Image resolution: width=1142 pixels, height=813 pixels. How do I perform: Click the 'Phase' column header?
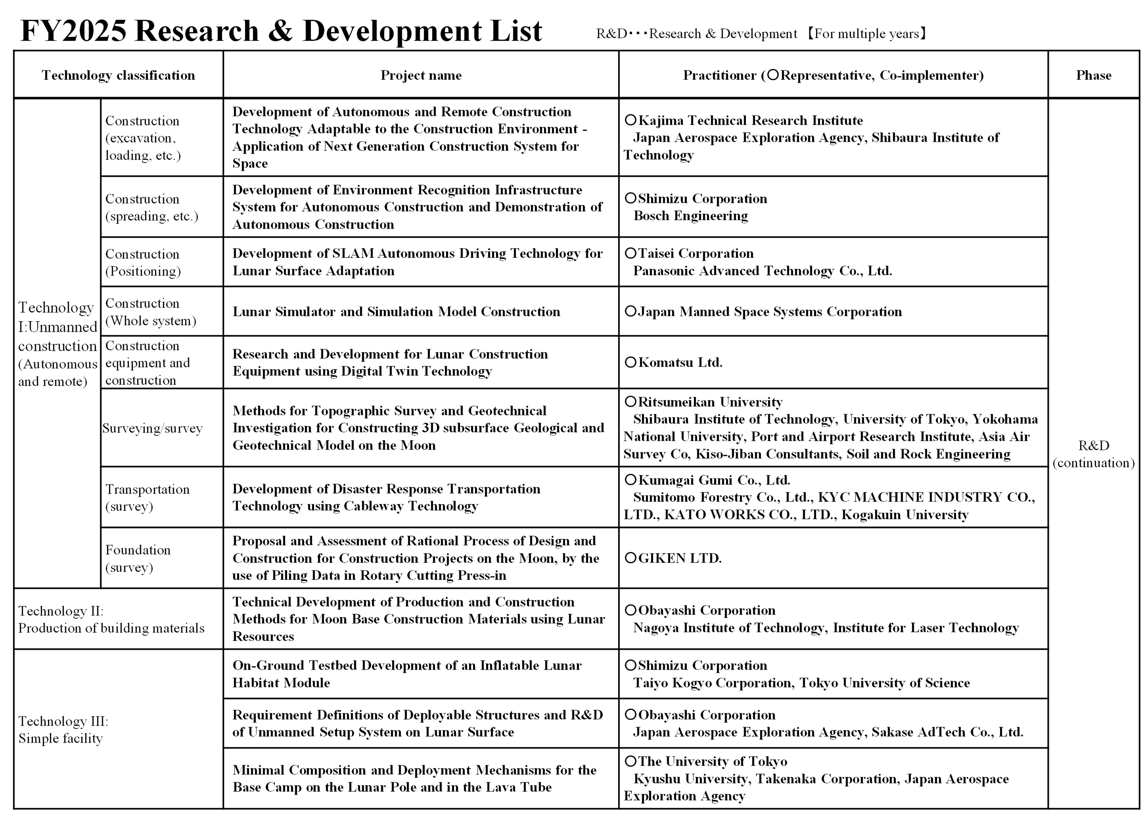pos(1093,75)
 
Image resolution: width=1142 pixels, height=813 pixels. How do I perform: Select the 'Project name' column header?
pos(421,75)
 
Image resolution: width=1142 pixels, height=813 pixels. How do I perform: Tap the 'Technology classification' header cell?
pos(118,75)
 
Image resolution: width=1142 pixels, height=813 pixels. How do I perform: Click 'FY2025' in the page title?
pos(73,31)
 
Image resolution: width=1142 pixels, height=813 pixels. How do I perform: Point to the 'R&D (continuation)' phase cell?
pos(1093,453)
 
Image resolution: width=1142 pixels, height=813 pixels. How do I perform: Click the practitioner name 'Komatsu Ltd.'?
pos(680,362)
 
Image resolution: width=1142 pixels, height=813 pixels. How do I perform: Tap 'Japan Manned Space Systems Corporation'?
pos(770,311)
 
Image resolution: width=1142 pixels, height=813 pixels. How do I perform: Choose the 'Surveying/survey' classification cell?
pos(153,428)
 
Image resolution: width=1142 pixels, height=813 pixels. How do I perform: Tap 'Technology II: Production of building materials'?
pos(111,619)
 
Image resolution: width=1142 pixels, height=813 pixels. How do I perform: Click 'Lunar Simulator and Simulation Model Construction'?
pos(396,311)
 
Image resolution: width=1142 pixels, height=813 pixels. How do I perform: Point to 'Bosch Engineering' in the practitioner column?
pos(691,216)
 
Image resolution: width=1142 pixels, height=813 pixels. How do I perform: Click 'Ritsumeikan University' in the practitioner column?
pos(710,402)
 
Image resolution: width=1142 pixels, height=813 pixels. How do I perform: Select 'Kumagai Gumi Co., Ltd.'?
pos(714,480)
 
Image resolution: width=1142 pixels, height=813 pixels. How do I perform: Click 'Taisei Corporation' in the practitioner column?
pos(696,253)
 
